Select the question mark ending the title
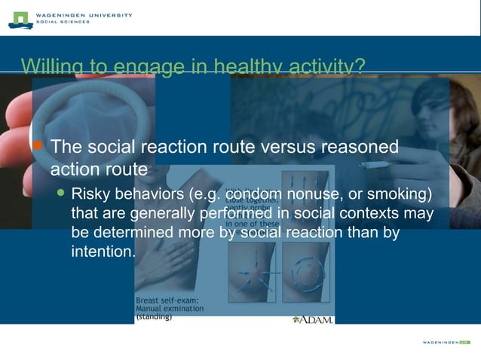[x=360, y=66]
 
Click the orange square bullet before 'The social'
[x=38, y=145]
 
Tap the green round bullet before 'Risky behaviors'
[x=63, y=194]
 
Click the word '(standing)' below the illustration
[x=154, y=317]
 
